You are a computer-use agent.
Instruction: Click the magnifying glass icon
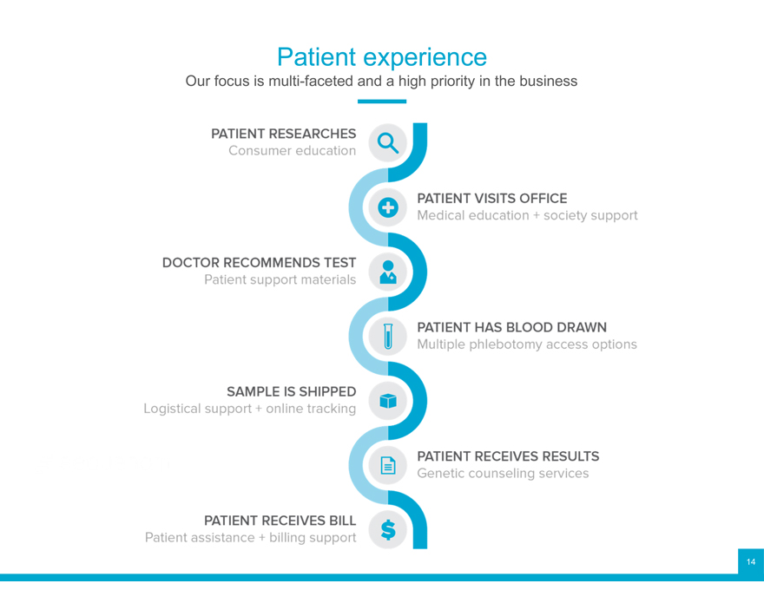coord(388,143)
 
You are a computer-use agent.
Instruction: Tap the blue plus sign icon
coord(388,207)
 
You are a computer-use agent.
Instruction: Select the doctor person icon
coord(388,272)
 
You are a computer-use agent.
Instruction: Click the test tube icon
coord(388,336)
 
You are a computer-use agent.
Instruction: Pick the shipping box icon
coord(388,401)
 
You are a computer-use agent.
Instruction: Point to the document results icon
coord(388,465)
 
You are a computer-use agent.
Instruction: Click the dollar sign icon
coord(388,529)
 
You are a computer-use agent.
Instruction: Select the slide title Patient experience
coord(382,57)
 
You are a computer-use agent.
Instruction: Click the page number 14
coord(751,561)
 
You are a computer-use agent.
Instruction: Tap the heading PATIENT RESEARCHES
coord(283,134)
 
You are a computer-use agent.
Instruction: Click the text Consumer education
coord(292,151)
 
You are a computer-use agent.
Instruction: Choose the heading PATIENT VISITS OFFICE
coord(491,199)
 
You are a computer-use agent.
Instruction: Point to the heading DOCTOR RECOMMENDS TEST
coord(259,262)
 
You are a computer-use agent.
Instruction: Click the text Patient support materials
coord(280,279)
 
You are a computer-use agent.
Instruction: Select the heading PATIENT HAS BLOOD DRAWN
coord(511,327)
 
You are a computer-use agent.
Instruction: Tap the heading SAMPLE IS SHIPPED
coord(291,391)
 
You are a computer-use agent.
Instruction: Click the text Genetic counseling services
coord(503,473)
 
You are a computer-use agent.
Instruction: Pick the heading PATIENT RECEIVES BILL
coord(280,521)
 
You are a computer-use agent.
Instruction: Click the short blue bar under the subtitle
coord(382,102)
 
